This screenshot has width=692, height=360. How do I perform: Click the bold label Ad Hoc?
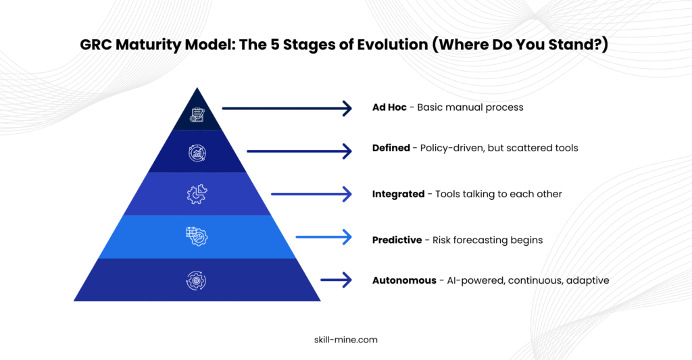389,107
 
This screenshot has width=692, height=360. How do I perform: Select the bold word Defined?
391,148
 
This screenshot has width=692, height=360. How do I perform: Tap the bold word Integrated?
398,194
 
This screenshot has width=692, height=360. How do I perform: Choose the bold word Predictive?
397,240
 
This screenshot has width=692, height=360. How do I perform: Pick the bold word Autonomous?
404,280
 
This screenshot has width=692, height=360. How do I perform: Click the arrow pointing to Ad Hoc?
287,108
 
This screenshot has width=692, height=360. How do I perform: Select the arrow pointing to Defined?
299,151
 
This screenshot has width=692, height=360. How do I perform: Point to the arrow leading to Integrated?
312,194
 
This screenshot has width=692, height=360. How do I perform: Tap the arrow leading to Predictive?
324,237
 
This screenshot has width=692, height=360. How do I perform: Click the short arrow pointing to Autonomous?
337,280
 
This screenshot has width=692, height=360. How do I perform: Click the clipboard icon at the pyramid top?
197,115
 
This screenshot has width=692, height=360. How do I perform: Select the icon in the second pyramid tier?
197,153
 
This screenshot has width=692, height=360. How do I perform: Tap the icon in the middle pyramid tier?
197,194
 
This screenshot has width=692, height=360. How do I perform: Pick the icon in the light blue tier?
197,236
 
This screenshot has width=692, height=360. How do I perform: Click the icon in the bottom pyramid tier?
197,280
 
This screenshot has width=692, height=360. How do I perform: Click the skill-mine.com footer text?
346,340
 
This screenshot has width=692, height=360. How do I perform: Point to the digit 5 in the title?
275,45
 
